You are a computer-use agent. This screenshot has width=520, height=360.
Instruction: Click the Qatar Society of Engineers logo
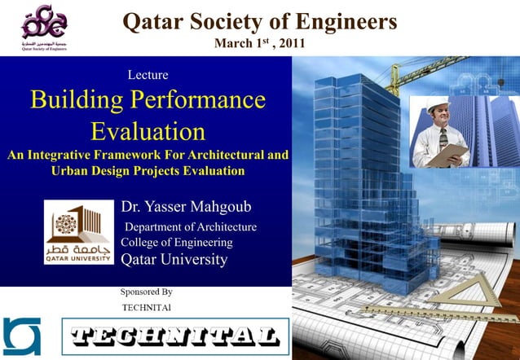point(44,28)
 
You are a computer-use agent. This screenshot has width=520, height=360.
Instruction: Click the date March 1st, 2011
point(259,42)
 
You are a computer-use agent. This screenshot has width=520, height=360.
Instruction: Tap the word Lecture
point(148,75)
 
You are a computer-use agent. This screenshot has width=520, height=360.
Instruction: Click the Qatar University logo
point(79,232)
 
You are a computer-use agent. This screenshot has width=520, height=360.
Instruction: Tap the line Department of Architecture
point(190,227)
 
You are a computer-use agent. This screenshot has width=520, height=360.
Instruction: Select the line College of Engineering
point(177,243)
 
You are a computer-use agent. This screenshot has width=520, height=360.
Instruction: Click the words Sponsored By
point(147,292)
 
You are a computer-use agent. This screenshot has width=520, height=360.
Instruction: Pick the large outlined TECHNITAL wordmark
point(175,336)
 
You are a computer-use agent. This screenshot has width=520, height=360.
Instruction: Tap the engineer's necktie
point(443,137)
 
